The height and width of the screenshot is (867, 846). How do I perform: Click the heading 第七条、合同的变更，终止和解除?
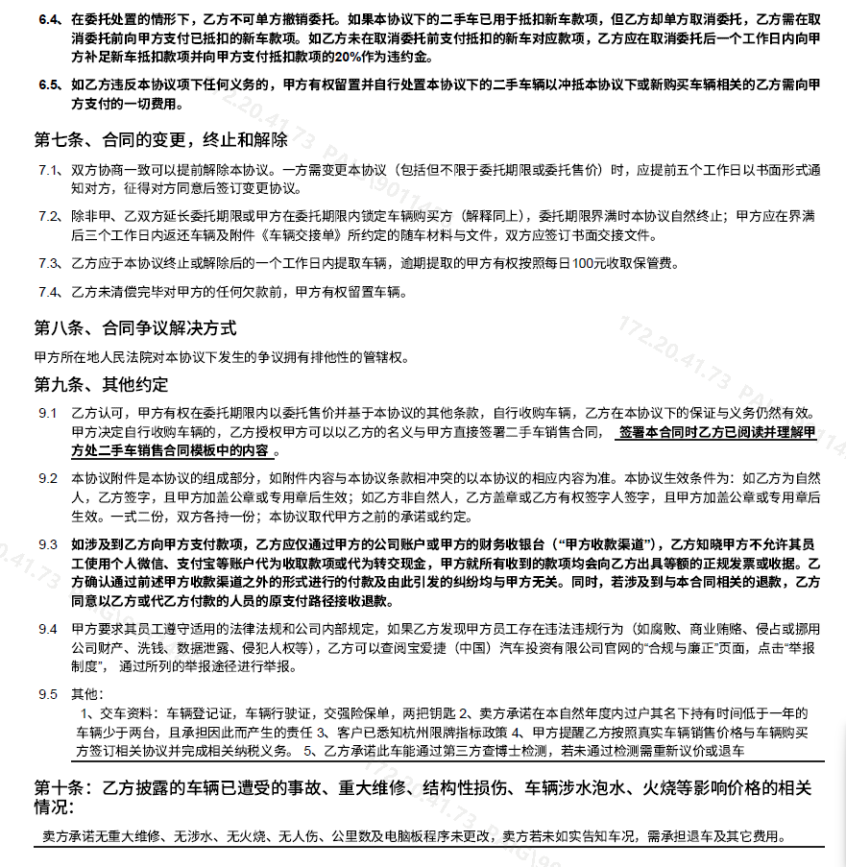[x=161, y=140]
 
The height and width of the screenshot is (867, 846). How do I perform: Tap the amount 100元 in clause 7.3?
[x=583, y=262]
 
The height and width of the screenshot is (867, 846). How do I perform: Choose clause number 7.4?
[x=49, y=292]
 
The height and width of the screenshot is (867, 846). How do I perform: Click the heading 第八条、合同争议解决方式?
[x=135, y=328]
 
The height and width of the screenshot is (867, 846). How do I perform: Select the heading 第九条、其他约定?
[x=102, y=385]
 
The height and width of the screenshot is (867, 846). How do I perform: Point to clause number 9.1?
[x=48, y=413]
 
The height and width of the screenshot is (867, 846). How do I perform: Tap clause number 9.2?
[x=48, y=477]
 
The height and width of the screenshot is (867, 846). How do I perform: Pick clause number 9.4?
[x=48, y=628]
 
